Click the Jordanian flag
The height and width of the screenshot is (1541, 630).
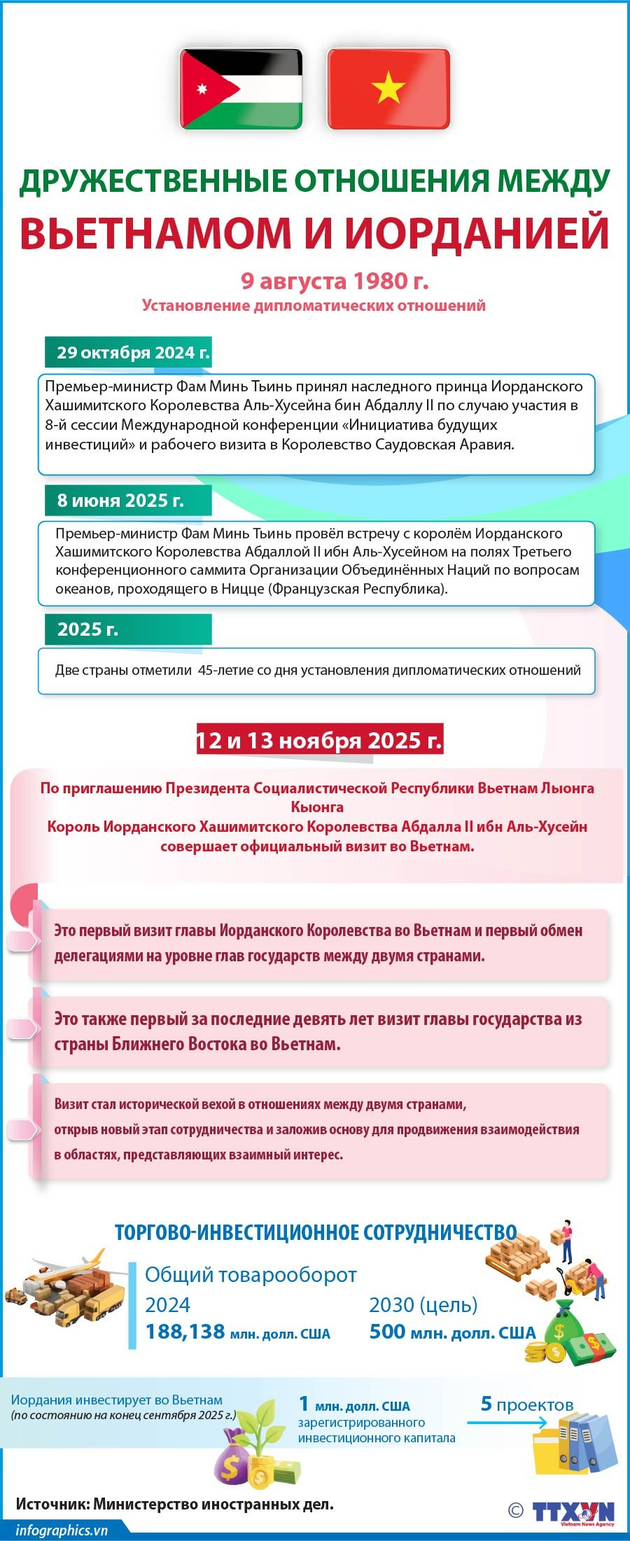(241, 89)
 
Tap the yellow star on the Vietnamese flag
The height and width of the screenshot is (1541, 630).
(388, 89)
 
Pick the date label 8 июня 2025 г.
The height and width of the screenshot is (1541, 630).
(120, 501)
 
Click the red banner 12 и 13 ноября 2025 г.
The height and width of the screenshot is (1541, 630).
(319, 740)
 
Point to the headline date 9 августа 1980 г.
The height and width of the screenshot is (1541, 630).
(335, 281)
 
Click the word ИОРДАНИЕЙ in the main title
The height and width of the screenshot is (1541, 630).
(477, 232)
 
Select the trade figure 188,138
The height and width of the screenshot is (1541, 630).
(185, 1332)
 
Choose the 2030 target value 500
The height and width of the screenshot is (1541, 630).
(386, 1331)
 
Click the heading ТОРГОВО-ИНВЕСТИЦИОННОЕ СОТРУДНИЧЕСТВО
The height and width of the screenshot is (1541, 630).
(316, 1233)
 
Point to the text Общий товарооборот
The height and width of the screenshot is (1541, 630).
(251, 1275)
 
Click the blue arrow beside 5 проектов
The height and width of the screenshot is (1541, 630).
(506, 1423)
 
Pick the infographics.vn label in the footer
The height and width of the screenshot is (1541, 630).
(62, 1530)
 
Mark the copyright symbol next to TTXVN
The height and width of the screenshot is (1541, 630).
(516, 1510)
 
